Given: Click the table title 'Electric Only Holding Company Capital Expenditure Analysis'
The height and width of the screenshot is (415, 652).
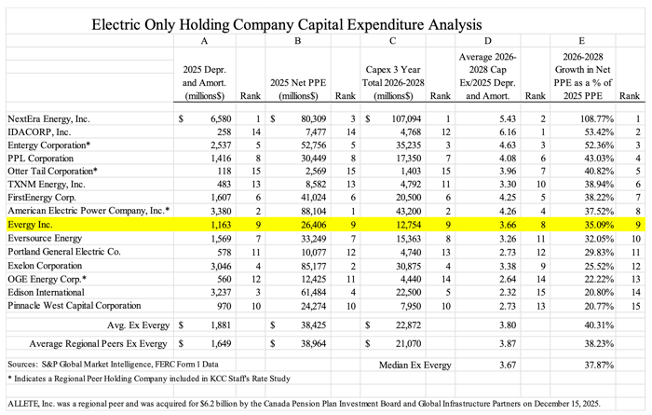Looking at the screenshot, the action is (287, 24).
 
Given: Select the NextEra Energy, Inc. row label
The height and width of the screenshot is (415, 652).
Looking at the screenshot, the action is (48, 118).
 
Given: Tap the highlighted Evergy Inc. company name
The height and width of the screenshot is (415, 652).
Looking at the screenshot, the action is (31, 225).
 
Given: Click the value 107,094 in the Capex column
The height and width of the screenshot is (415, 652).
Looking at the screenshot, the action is (406, 119).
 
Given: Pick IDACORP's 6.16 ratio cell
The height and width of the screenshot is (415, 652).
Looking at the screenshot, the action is (508, 131).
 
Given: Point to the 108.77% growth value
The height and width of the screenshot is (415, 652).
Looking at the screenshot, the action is (597, 119).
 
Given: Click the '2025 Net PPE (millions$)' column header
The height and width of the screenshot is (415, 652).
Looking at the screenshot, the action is (298, 90).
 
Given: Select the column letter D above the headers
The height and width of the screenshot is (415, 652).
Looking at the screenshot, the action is (488, 41).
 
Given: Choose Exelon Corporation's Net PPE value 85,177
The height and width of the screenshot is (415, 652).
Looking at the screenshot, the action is (314, 266).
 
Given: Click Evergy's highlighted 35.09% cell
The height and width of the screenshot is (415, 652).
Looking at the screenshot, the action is (599, 225).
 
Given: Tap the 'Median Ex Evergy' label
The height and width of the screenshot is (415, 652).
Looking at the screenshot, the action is (415, 365).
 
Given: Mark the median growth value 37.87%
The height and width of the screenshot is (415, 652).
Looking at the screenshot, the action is (599, 365).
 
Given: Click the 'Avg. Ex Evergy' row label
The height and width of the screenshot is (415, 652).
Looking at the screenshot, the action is (138, 325).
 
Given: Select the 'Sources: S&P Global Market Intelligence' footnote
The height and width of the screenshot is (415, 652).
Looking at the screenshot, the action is (113, 365).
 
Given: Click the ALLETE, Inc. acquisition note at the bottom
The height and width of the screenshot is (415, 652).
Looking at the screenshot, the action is (304, 404).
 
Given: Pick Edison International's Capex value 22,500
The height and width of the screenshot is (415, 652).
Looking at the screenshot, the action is (408, 292).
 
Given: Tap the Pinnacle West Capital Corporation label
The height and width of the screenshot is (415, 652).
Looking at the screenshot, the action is (74, 306).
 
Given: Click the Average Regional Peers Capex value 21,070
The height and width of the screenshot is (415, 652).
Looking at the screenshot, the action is (408, 344).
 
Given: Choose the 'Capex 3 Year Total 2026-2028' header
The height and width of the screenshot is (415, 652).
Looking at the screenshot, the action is (393, 83).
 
